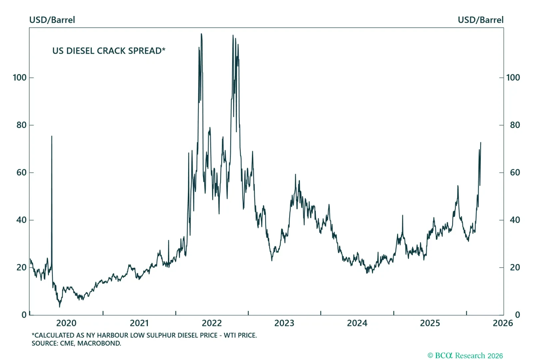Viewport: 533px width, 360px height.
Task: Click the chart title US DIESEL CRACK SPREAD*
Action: point(109,51)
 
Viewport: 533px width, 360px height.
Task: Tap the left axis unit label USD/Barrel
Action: point(52,20)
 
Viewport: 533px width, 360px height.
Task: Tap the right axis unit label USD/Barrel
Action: point(480,20)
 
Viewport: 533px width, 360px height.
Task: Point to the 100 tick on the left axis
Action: point(20,78)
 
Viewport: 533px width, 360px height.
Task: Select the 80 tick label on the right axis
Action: point(515,125)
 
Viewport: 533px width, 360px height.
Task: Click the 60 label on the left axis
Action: point(21,172)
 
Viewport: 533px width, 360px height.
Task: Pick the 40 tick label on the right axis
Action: point(515,220)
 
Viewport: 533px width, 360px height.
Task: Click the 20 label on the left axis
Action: point(21,267)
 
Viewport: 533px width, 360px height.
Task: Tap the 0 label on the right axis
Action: point(517,315)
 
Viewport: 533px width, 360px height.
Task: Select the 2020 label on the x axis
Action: point(66,323)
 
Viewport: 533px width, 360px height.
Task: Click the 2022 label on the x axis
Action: point(212,323)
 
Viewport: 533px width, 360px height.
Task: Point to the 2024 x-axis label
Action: point(357,323)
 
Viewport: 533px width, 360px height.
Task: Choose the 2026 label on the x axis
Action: point(503,323)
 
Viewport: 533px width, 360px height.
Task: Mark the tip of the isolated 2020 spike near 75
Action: point(52,136)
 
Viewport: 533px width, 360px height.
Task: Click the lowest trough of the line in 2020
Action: point(60,307)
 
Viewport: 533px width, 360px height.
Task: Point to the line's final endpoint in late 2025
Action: point(481,143)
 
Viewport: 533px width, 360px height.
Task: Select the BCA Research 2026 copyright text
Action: point(465,356)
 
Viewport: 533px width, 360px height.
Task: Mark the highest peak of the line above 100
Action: point(201,34)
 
